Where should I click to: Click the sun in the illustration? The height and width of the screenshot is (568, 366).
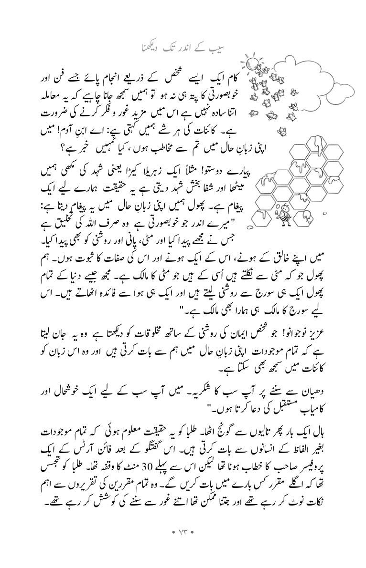click(252, 63)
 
